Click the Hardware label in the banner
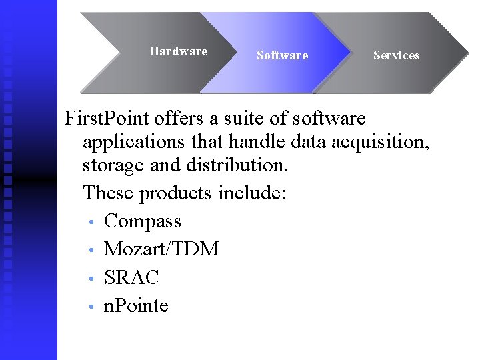point(178,51)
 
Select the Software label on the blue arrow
point(282,55)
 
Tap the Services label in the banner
point(396,55)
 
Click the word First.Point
point(107,119)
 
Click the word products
point(175,193)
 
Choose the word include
point(252,193)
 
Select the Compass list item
point(143,221)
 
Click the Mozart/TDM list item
point(161,249)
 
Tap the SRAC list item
point(131,277)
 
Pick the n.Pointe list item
point(136,306)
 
